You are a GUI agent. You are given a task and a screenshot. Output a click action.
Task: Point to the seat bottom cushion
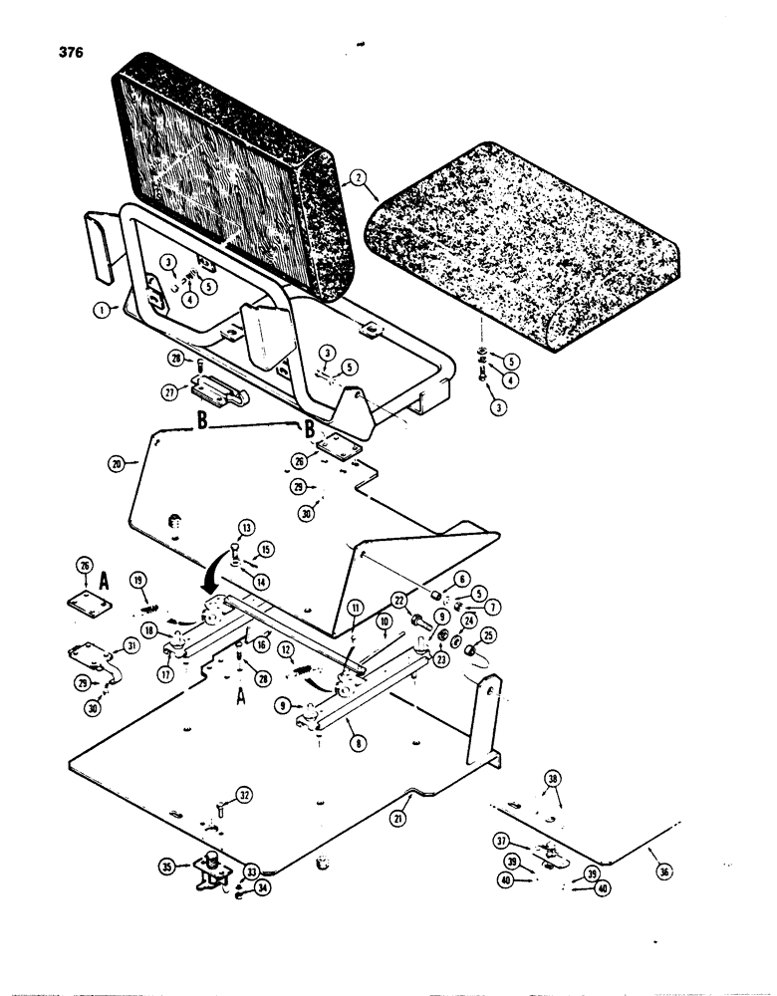(x=528, y=239)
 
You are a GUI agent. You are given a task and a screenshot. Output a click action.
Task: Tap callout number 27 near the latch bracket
(x=171, y=393)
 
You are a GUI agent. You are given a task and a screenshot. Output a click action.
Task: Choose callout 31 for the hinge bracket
(x=129, y=647)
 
